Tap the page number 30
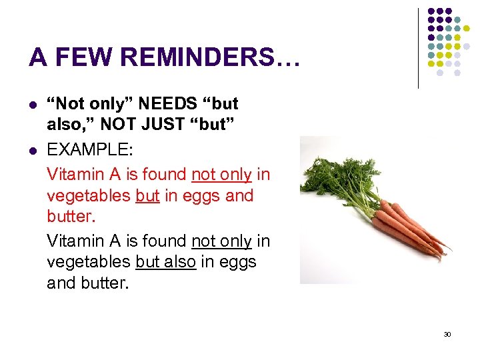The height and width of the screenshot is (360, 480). [x=447, y=334]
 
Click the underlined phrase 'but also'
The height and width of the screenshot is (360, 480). [x=165, y=262]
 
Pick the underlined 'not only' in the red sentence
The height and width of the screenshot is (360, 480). [x=221, y=174]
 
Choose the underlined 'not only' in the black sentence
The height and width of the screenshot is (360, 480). [x=221, y=240]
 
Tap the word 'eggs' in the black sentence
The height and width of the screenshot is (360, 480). [x=236, y=262]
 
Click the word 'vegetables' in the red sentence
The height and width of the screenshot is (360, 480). [x=88, y=196]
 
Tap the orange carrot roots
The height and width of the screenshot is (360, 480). [x=407, y=230]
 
